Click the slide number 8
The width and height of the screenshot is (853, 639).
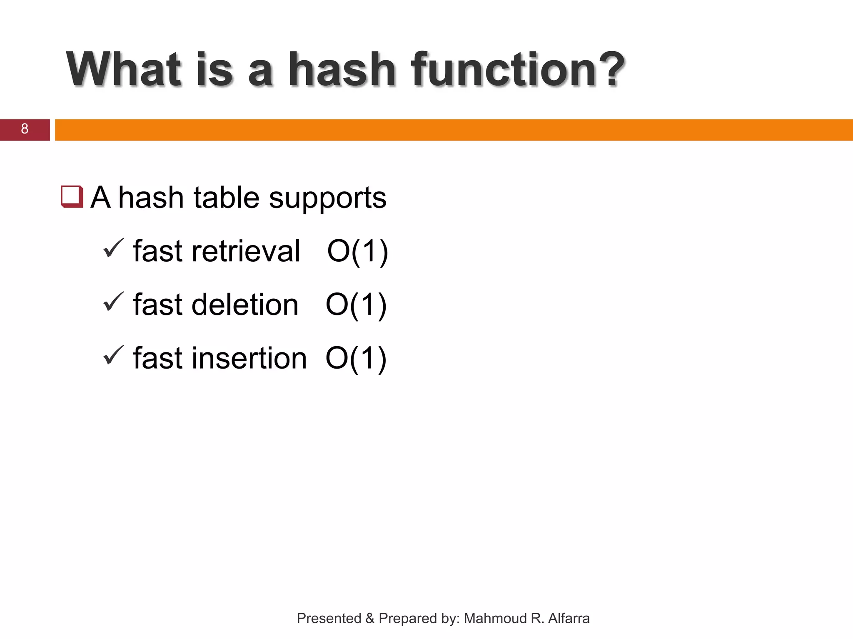[25, 129]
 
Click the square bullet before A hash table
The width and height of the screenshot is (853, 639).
[72, 197]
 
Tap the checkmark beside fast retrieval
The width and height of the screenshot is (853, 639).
[113, 248]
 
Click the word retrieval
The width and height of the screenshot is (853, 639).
[246, 251]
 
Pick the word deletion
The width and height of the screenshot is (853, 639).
[245, 305]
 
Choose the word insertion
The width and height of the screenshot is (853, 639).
[249, 358]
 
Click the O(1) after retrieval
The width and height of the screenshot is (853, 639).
[357, 251]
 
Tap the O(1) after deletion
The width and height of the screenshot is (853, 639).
[356, 305]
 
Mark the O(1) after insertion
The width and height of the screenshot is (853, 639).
[356, 358]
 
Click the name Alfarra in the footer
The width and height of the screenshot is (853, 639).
[569, 618]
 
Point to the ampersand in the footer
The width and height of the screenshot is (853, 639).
[370, 618]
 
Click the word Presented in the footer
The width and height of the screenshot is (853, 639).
[329, 618]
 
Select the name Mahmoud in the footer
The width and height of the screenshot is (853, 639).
[495, 618]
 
